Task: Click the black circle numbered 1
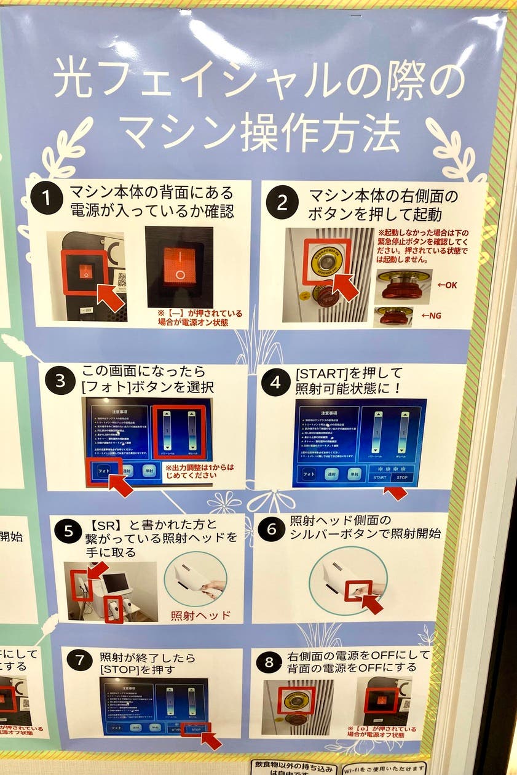click(x=47, y=199)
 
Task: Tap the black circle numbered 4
click(x=275, y=383)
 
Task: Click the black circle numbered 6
click(x=271, y=530)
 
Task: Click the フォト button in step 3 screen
click(x=101, y=470)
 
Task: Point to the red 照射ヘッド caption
click(x=200, y=614)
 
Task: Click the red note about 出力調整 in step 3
click(x=200, y=471)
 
